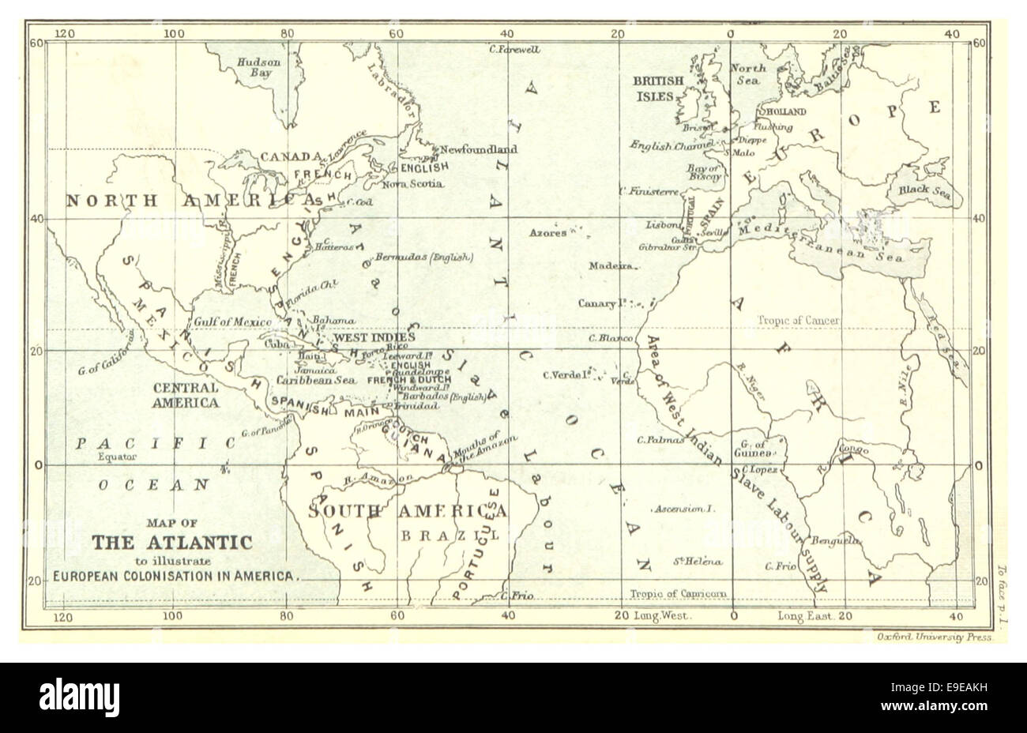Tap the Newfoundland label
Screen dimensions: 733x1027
coord(479,148)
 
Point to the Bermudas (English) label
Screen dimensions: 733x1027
coord(423,257)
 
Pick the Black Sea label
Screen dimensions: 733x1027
coord(920,190)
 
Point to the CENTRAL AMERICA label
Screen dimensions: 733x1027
coord(186,395)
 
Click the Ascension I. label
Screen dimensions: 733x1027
coord(684,510)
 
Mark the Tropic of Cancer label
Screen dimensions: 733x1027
coord(799,321)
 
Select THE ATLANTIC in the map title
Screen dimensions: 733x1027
coord(172,543)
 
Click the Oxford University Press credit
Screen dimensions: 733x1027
coord(933,637)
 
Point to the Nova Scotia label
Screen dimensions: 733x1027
coord(412,184)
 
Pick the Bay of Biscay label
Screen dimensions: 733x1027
coord(702,172)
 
